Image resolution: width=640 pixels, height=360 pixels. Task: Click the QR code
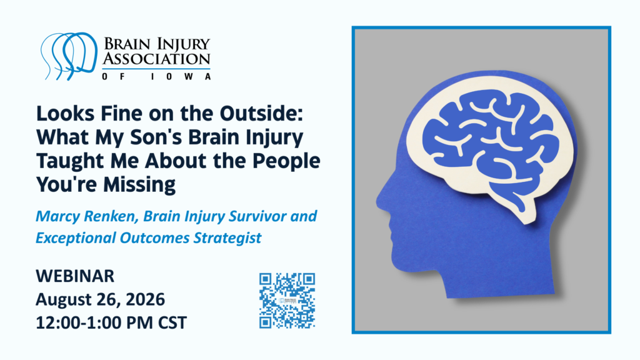(x=287, y=301)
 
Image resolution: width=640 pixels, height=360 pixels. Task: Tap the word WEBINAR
(x=75, y=276)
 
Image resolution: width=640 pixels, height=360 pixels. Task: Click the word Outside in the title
(x=261, y=114)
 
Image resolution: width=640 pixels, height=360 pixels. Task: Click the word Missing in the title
(x=139, y=185)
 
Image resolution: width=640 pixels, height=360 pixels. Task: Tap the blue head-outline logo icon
(x=69, y=56)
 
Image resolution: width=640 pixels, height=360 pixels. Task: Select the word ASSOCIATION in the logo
(x=156, y=59)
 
